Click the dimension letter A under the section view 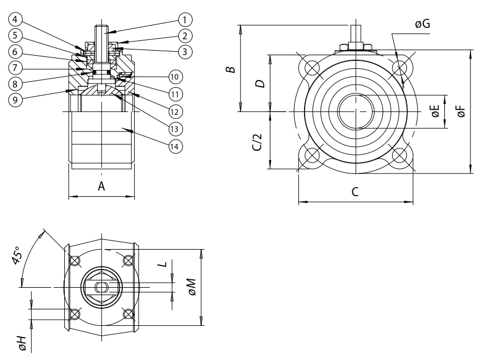102,186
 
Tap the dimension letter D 260,84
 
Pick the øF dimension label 461,111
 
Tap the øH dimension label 22,343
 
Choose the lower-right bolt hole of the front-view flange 399,155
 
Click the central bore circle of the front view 356,111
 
